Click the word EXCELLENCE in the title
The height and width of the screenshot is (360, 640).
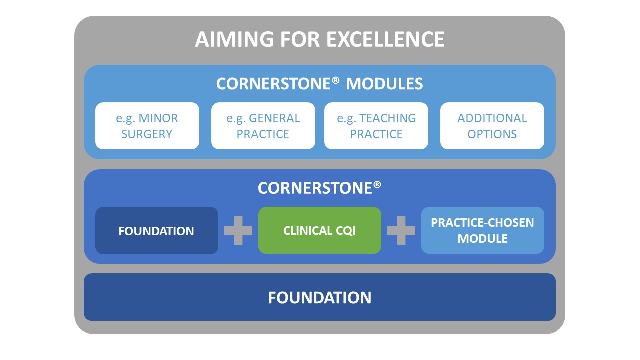(x=385, y=39)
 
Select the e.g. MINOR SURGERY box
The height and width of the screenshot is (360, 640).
(x=147, y=126)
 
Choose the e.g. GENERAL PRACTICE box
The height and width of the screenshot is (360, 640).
(x=263, y=126)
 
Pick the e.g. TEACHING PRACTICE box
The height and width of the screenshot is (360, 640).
(x=376, y=126)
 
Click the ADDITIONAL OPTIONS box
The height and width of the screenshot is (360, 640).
(x=492, y=126)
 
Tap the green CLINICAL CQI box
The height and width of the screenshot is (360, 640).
(x=320, y=230)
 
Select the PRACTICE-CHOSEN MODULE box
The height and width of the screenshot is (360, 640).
(x=483, y=230)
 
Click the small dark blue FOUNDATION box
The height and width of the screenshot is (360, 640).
(x=157, y=231)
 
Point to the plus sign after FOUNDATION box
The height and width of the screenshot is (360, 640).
(x=238, y=230)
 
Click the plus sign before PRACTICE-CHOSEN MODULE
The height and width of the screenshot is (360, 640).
(x=401, y=230)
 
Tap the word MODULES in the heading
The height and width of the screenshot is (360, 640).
(x=384, y=84)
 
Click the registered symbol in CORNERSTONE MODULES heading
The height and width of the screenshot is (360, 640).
(x=336, y=80)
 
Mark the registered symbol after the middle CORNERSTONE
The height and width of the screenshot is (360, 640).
(x=377, y=185)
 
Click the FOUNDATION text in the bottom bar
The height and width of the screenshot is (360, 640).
(x=320, y=297)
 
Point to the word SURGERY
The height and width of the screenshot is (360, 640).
(x=147, y=134)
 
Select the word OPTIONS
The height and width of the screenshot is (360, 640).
(x=492, y=134)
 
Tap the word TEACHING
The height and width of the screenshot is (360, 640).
(x=387, y=118)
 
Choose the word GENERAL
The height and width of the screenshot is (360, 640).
(x=274, y=118)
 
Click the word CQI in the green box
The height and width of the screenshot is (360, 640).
(x=345, y=231)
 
